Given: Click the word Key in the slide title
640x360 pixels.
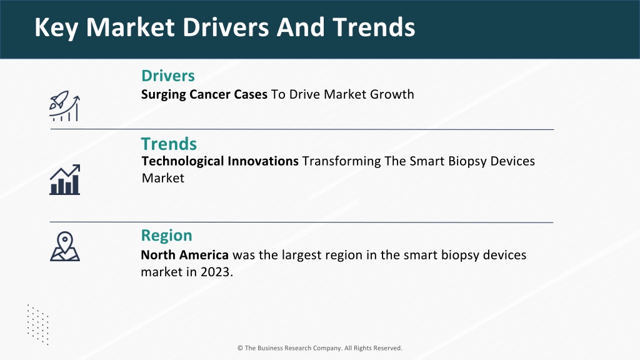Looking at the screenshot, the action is click(x=56, y=27).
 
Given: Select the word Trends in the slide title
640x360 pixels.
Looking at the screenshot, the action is click(x=374, y=27).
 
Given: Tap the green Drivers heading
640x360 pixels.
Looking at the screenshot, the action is click(x=168, y=76).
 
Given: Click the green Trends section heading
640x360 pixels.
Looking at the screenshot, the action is click(x=169, y=144).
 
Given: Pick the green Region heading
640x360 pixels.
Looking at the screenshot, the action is click(x=166, y=236).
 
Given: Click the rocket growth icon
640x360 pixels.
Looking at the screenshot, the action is click(x=64, y=106).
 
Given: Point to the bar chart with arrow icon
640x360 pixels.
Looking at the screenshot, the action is click(x=65, y=179).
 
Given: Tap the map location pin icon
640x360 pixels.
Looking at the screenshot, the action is click(x=65, y=246).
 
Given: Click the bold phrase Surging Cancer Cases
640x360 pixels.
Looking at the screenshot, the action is click(x=204, y=95).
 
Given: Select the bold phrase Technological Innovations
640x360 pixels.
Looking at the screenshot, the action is click(x=220, y=161).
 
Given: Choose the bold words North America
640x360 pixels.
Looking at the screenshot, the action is click(x=184, y=255).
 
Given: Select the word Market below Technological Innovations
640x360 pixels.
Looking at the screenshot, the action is click(x=163, y=178).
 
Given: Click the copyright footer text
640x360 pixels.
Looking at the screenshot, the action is click(x=319, y=348).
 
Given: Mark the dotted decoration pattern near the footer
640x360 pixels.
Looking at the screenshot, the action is click(x=38, y=324).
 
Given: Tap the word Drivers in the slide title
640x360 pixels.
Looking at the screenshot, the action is click(x=226, y=27).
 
